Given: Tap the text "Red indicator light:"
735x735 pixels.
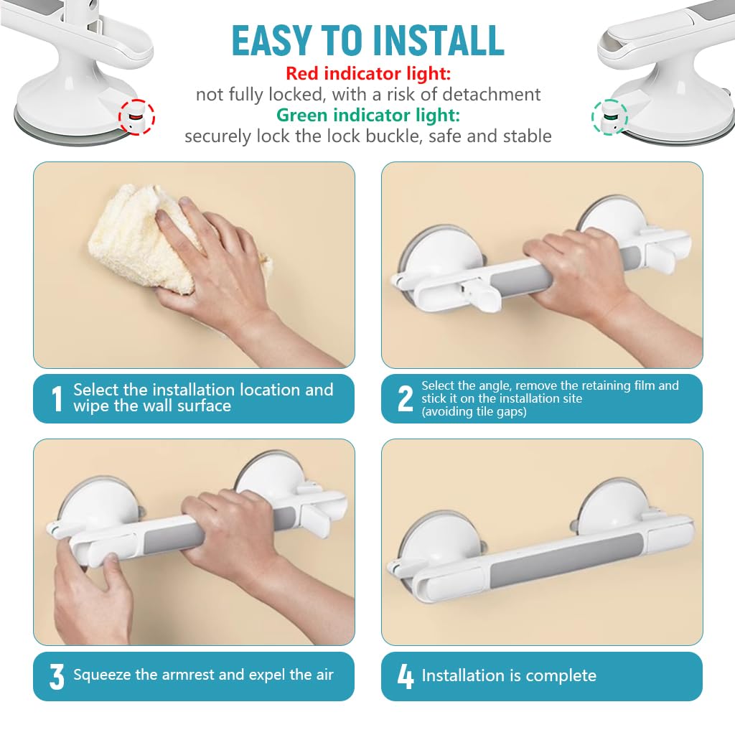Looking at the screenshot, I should (x=367, y=73).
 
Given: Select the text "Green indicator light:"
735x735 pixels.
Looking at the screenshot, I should (x=367, y=115).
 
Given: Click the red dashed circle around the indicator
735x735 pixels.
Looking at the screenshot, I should (x=136, y=116).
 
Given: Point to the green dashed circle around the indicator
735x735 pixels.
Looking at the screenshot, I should (x=609, y=116).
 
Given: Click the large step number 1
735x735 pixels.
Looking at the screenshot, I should (x=57, y=399).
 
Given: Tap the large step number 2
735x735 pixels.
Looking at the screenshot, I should (x=405, y=399).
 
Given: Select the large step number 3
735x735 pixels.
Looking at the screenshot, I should (x=57, y=676).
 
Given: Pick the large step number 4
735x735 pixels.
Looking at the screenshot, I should (x=405, y=676).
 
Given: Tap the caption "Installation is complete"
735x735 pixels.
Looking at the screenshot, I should (x=508, y=675).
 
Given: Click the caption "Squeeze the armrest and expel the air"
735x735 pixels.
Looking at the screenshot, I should (x=203, y=675).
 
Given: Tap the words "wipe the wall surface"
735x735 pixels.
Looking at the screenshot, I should (x=151, y=406).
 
